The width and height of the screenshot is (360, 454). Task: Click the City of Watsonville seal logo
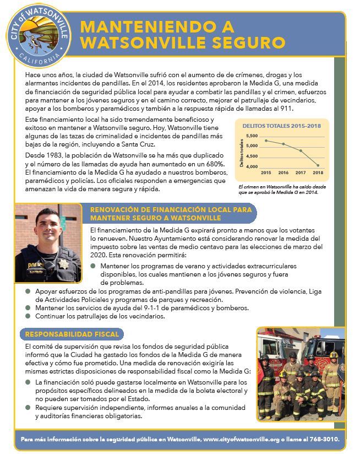[43, 38]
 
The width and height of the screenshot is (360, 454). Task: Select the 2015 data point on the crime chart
[266, 140]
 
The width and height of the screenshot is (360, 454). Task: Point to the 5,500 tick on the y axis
[251, 136]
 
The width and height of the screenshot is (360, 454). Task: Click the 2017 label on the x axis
[301, 172]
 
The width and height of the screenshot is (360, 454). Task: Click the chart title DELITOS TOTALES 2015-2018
[281, 126]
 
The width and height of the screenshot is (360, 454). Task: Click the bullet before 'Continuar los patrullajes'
[28, 316]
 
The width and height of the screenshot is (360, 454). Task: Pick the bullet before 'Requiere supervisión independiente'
[28, 407]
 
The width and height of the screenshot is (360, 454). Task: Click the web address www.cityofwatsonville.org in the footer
[242, 440]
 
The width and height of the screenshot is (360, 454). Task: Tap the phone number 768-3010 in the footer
[325, 440]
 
